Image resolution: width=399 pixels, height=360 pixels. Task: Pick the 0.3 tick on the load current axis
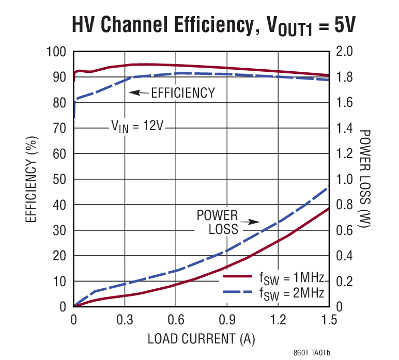pyautogui.click(x=125, y=320)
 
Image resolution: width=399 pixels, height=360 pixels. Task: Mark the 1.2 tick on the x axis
pyautogui.click(x=278, y=320)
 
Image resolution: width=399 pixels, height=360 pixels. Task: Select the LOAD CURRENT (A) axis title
pyautogui.click(x=201, y=339)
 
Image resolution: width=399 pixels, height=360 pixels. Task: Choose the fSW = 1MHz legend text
pyautogui.click(x=291, y=278)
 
